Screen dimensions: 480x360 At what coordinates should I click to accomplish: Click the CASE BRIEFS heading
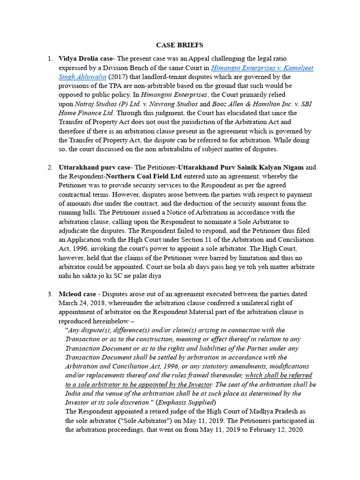[180, 45]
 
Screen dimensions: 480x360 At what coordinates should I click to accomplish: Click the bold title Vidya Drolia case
[86, 59]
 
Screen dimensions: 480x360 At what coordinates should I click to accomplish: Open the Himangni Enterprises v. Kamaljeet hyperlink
[262, 68]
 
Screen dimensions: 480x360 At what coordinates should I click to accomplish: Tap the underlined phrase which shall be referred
[278, 375]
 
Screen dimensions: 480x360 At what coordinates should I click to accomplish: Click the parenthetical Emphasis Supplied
[187, 403]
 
